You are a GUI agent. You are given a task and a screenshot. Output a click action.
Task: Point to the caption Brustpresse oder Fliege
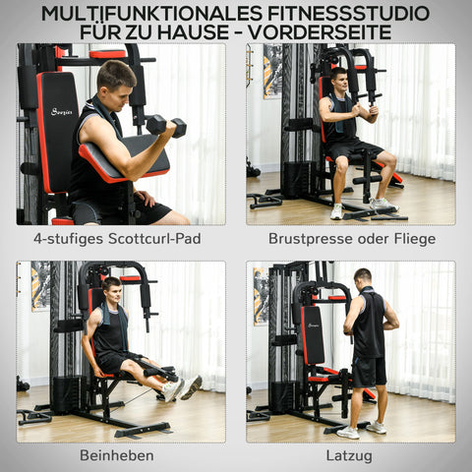coord(350,238)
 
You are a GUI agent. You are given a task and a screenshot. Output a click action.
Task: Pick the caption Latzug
coord(350,455)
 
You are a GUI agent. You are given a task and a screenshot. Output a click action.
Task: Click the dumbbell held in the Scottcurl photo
coord(165,125)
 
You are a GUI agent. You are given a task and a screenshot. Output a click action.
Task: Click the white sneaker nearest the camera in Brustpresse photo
coord(337,210)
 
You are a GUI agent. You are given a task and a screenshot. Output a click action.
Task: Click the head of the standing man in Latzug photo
coord(363,278)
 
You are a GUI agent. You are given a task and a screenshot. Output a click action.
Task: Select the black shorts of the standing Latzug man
coord(370,371)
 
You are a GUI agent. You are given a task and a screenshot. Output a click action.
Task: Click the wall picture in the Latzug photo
coord(261,296)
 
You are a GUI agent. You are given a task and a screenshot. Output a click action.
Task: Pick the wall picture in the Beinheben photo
coord(40,286)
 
